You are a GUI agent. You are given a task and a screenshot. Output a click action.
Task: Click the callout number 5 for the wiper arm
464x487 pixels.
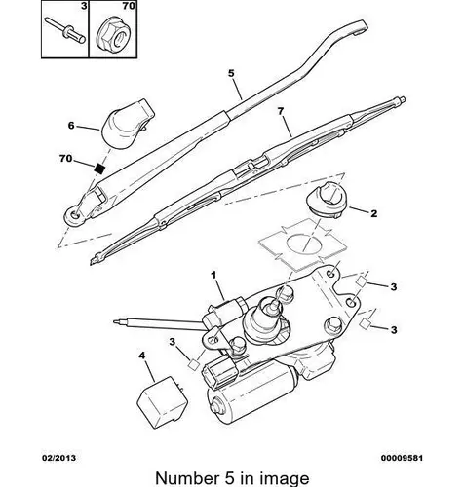[x=231, y=73]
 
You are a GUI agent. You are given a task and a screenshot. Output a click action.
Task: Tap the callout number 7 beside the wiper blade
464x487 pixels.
[x=281, y=111]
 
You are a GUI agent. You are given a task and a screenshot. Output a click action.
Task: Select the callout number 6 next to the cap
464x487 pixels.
[x=71, y=126]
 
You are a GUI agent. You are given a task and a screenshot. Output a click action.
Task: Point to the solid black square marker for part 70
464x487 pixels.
[x=99, y=169]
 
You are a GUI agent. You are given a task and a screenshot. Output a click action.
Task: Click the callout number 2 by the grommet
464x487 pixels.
[x=374, y=213]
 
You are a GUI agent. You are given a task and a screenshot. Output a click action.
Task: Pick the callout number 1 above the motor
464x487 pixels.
[x=213, y=276]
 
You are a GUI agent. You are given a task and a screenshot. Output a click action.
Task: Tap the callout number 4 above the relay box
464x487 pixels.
[x=142, y=356]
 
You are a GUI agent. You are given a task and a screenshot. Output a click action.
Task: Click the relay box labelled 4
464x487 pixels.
[x=162, y=402]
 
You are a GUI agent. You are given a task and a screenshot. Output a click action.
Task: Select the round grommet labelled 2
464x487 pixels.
[x=327, y=198]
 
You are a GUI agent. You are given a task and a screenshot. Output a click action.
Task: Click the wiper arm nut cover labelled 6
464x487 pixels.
[x=127, y=124]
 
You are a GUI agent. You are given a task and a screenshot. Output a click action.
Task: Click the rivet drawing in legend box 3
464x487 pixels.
[x=65, y=30]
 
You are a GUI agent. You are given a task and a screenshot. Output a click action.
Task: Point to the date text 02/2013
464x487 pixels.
[x=58, y=458]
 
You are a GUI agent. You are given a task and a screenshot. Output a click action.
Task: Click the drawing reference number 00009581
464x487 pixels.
[x=402, y=458]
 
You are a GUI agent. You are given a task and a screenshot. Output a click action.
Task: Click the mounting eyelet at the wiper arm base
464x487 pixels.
[x=75, y=215]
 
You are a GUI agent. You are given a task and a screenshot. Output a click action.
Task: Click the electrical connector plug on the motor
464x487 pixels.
[x=218, y=373]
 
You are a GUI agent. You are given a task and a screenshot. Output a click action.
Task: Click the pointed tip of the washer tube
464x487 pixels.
[x=115, y=321]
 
